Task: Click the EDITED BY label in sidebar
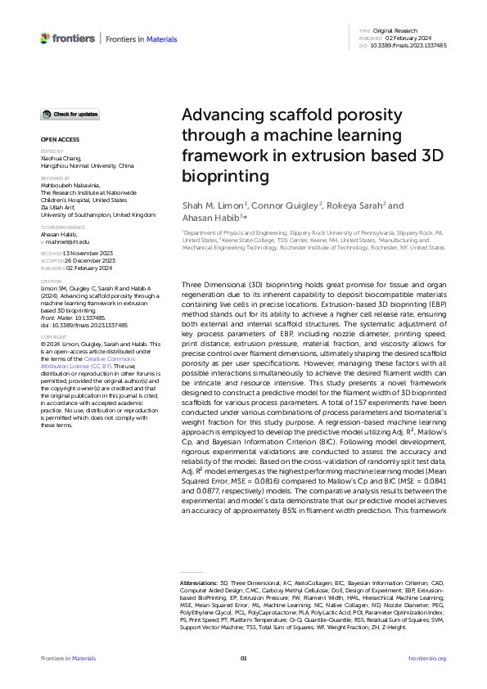point(52,151)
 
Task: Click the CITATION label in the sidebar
point(52,282)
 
